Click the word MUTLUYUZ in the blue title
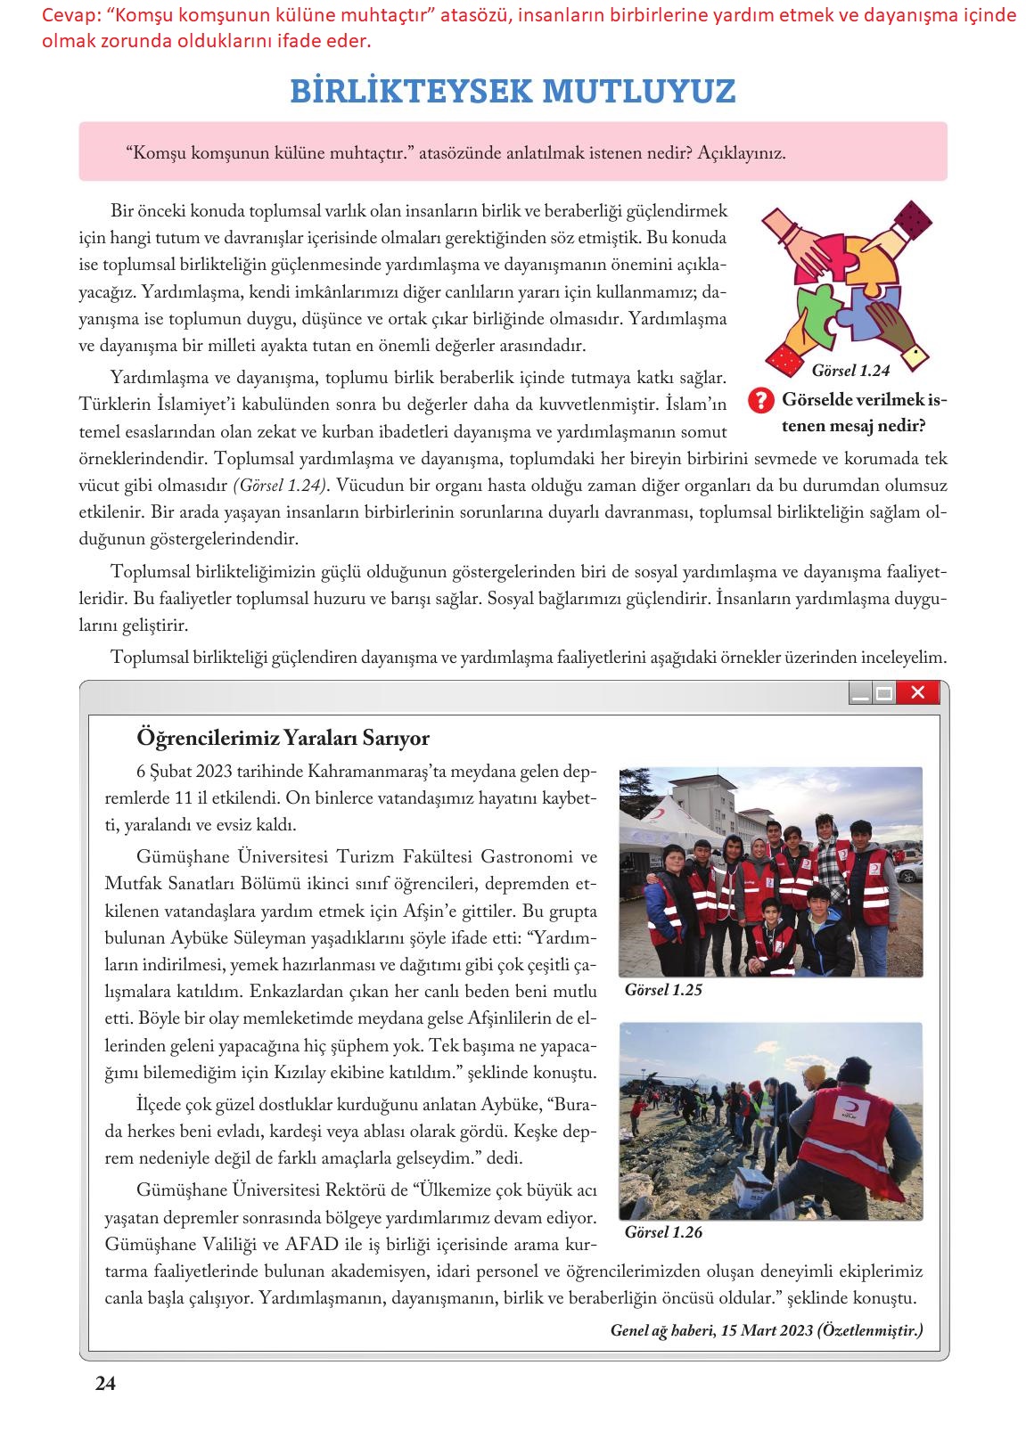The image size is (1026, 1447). [x=638, y=91]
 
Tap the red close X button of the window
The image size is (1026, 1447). [x=918, y=692]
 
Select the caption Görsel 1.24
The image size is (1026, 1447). [x=850, y=367]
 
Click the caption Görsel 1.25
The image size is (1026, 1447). [x=663, y=989]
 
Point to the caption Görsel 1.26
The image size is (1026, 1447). [x=663, y=1232]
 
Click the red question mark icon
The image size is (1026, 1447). [x=759, y=401]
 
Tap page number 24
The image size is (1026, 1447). [x=105, y=1384]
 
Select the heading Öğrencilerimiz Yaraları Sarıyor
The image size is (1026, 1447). [x=283, y=738]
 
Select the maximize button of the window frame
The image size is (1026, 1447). [x=883, y=693]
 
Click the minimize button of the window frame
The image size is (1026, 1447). [x=860, y=693]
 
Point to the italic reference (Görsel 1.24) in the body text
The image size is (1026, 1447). [x=280, y=485]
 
